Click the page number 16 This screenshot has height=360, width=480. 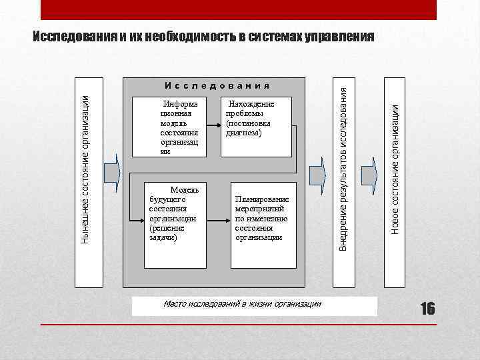(x=427, y=308)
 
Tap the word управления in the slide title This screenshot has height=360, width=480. (x=339, y=35)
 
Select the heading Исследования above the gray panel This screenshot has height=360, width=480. (x=217, y=85)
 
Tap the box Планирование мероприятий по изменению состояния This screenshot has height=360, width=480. (x=263, y=225)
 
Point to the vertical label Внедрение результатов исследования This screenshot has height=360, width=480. (x=343, y=165)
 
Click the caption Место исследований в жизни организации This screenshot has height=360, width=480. (x=243, y=304)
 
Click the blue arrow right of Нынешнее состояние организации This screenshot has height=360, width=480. (x=113, y=174)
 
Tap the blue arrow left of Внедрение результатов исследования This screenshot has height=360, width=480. (x=319, y=174)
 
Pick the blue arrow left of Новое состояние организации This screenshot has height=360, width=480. (x=369, y=174)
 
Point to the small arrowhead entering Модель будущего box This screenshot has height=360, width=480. (x=141, y=217)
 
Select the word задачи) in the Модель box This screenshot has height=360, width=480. (x=163, y=237)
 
